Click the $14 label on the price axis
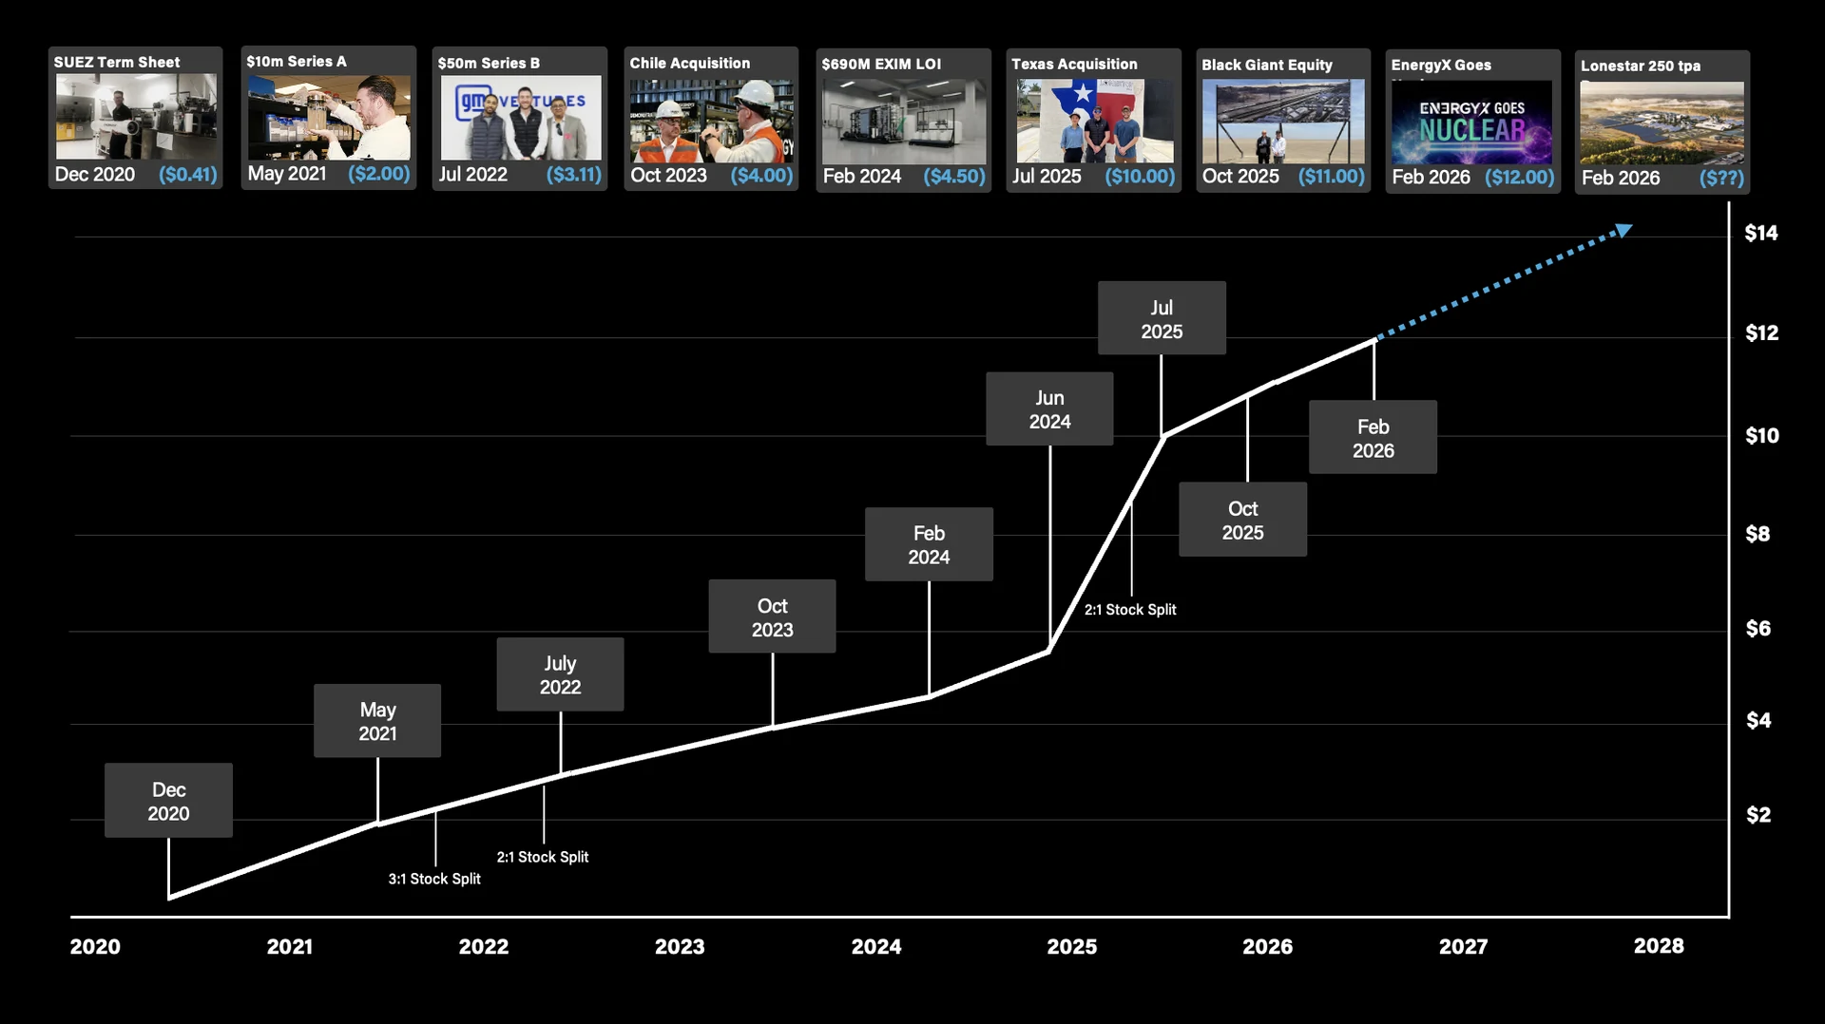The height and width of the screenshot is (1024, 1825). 1760,233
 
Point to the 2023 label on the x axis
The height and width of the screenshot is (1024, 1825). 680,946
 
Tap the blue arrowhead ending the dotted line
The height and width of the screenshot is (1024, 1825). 1623,230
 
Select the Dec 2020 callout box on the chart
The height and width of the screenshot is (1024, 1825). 168,801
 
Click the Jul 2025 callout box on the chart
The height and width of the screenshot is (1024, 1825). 1162,319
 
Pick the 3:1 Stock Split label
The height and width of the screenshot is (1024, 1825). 434,879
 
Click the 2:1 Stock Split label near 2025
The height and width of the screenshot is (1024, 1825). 1130,610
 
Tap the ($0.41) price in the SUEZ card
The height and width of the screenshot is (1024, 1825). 188,175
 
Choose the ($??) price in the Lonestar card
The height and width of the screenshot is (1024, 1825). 1721,178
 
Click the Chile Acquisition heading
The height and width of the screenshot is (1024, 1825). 690,63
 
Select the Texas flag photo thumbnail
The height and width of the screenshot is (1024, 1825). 1094,121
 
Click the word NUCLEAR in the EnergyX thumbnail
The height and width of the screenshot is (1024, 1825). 1472,131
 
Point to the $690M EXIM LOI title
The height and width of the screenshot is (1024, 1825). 881,64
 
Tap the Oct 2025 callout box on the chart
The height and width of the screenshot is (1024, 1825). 1242,521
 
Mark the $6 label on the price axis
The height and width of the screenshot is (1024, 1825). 1758,628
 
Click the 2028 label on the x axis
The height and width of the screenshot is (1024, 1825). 1659,946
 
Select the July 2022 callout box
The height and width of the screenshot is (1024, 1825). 560,674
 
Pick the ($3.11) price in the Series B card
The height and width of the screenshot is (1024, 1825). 573,175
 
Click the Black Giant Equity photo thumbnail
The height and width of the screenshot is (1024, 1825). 1283,122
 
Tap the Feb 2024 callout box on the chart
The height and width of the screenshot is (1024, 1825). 929,545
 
